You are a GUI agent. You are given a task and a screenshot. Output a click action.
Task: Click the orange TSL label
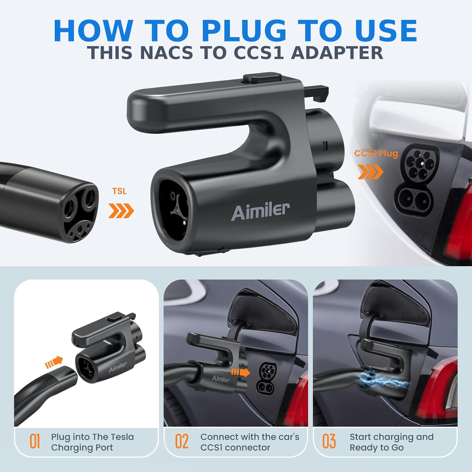119,191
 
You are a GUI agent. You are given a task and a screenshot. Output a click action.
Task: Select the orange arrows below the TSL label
121,211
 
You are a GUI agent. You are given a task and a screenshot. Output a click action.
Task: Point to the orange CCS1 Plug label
376,153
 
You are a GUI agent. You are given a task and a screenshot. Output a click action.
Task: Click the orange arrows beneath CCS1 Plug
370,172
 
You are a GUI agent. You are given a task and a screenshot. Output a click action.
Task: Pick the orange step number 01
35,441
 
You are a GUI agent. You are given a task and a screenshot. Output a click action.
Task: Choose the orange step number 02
182,441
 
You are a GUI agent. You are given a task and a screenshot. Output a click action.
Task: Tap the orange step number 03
329,441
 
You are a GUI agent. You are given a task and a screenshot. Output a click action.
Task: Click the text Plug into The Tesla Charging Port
92,442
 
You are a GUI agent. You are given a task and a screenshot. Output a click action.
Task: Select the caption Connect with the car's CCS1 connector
250,442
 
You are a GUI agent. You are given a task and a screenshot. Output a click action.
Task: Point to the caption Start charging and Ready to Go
391,442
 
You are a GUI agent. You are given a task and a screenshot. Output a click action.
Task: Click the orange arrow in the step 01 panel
54,362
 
